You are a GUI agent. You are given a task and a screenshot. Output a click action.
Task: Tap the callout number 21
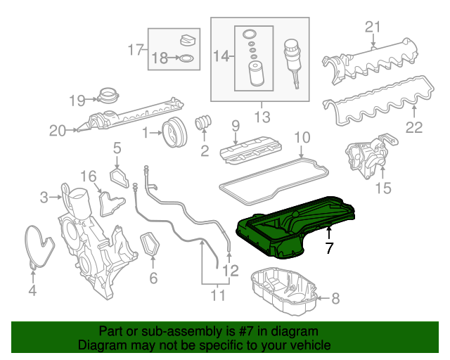point(373,27)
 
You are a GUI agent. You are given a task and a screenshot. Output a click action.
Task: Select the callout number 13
point(262,115)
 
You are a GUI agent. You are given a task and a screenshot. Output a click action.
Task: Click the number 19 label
point(77,100)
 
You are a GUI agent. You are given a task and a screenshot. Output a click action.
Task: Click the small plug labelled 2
point(204,122)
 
